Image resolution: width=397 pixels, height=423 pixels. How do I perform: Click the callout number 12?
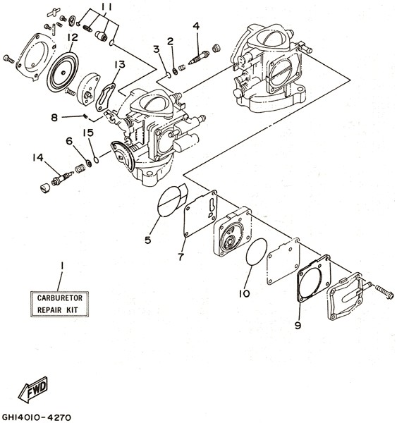click(73, 37)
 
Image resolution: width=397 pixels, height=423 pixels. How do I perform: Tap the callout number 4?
click(196, 26)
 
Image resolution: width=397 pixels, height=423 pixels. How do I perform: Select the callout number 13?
click(120, 64)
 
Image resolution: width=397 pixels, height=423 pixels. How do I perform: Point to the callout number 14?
click(38, 157)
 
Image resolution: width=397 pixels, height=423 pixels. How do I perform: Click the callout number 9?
click(298, 326)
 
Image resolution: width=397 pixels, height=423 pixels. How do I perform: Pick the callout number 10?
click(245, 293)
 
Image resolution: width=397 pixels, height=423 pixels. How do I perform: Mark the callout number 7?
click(181, 257)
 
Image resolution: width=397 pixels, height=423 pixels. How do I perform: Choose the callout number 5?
click(147, 240)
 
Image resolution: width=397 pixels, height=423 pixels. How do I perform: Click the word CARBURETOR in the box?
click(60, 298)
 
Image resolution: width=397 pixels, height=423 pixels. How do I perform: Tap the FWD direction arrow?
click(33, 389)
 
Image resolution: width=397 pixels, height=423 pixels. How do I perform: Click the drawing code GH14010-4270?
click(37, 417)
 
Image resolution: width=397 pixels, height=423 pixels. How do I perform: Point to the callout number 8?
click(54, 117)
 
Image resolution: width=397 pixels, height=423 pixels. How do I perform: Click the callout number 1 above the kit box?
click(62, 266)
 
